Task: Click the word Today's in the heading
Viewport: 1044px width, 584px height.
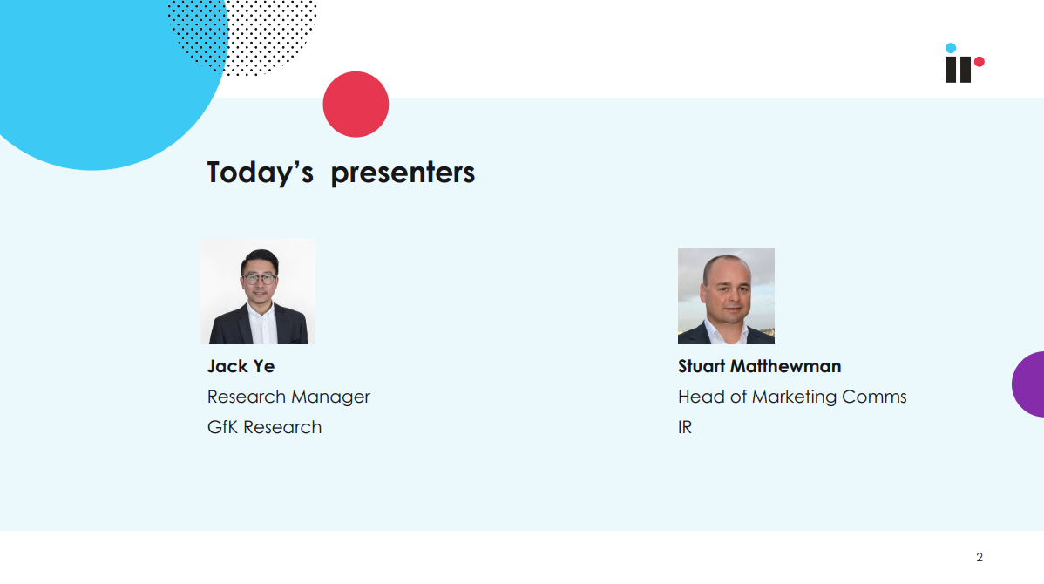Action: [x=260, y=173]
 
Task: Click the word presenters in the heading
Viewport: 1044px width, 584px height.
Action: [x=403, y=173]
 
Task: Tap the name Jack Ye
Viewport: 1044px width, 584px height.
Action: [x=241, y=366]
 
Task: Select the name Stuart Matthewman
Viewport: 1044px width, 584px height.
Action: [x=759, y=366]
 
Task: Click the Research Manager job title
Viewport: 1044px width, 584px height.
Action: [x=288, y=397]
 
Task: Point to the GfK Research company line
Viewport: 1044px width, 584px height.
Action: [x=264, y=427]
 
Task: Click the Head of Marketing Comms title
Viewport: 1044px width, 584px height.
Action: [x=792, y=397]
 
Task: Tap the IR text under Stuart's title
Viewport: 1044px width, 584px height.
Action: [x=685, y=427]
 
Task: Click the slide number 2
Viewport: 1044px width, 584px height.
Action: [x=980, y=557]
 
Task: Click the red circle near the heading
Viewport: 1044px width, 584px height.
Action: [x=356, y=105]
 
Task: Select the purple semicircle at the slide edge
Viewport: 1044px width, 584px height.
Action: [x=1029, y=384]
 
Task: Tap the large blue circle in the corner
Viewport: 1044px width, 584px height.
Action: [x=93, y=73]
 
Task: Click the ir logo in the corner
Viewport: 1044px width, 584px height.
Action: [x=965, y=64]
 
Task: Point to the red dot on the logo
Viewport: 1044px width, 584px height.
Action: [x=980, y=62]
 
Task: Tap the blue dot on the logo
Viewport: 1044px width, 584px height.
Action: [x=951, y=48]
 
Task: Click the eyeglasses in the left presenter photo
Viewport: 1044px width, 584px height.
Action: [x=260, y=279]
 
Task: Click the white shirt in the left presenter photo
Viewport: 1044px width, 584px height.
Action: [x=261, y=324]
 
